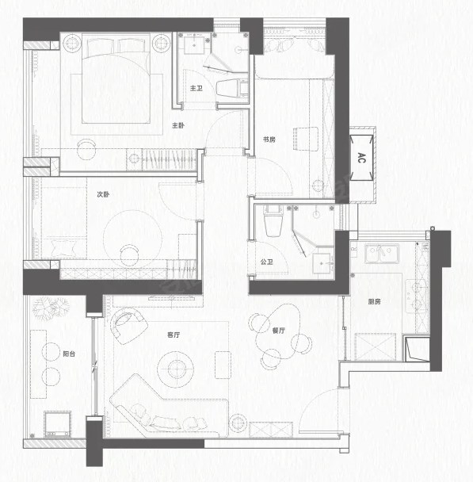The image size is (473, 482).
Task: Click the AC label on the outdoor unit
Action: [x=361, y=158]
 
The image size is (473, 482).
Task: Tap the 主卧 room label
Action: [x=178, y=125]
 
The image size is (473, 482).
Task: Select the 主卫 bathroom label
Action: [x=196, y=88]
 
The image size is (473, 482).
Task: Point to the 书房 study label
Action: [x=269, y=140]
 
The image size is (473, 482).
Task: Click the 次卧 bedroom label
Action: [x=103, y=194]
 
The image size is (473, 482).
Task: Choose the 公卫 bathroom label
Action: [x=266, y=262]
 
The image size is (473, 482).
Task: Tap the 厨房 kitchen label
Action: [x=375, y=301]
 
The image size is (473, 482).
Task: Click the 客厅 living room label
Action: [x=174, y=335]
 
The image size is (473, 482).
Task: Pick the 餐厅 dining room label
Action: [x=279, y=331]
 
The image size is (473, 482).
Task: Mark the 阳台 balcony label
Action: [x=69, y=354]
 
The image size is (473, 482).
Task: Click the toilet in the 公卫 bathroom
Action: [x=273, y=221]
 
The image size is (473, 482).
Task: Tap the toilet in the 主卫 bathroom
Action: [x=232, y=88]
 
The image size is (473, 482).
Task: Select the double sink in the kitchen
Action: [x=382, y=254]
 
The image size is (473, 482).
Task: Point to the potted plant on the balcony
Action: [x=51, y=308]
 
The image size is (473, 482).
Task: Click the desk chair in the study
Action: [x=306, y=139]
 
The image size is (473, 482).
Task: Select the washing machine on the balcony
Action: [x=57, y=424]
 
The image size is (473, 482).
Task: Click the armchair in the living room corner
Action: [x=129, y=326]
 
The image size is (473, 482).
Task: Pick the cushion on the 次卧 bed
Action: [x=64, y=248]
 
